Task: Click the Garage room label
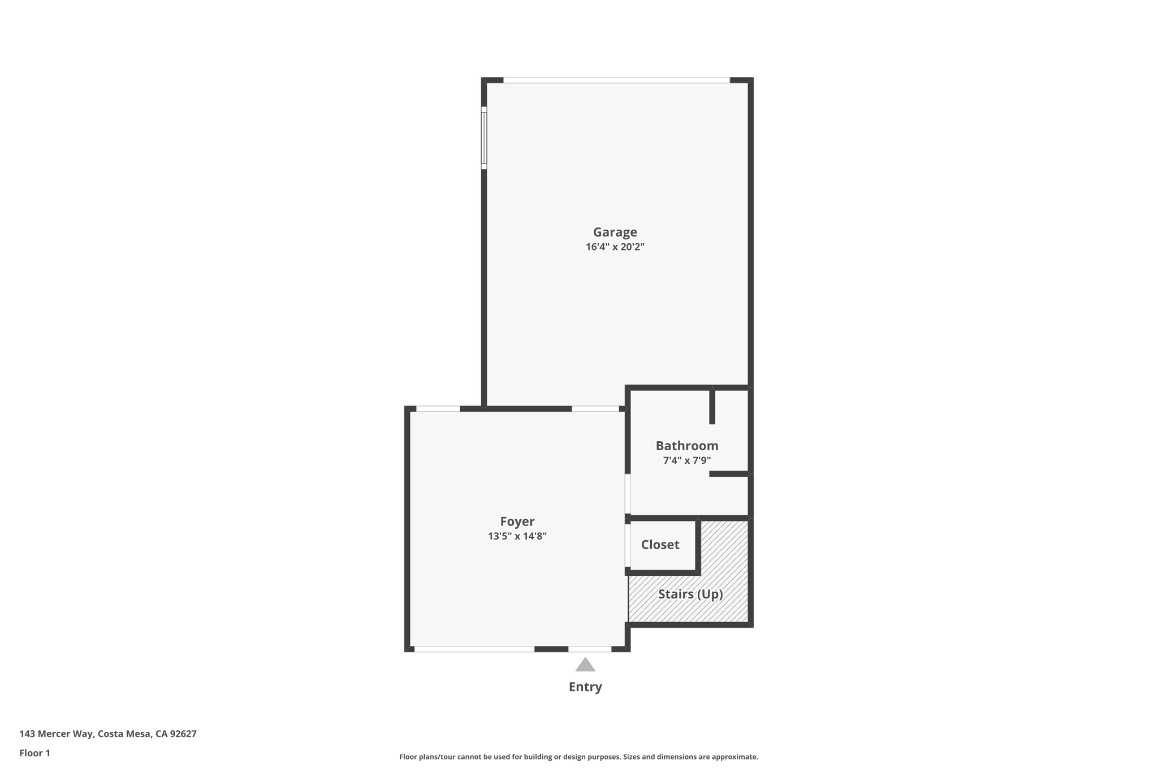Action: [615, 232]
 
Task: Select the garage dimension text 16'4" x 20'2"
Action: [615, 247]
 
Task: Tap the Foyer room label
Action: [517, 521]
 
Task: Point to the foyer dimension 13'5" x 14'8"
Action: [517, 536]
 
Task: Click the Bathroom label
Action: [686, 446]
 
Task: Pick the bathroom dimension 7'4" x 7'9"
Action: [686, 460]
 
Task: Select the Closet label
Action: [660, 545]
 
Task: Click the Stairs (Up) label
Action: [690, 594]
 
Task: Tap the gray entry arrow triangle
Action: [585, 665]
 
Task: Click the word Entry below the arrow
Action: [585, 687]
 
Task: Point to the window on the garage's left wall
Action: [484, 138]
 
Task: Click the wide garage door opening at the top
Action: [616, 80]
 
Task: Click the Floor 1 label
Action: [34, 753]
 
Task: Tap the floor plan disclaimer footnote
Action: [578, 757]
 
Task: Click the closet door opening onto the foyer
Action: [628, 545]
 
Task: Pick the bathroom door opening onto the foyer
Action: [628, 494]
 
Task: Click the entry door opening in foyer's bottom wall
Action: [590, 649]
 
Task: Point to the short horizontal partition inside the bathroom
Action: [729, 474]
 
